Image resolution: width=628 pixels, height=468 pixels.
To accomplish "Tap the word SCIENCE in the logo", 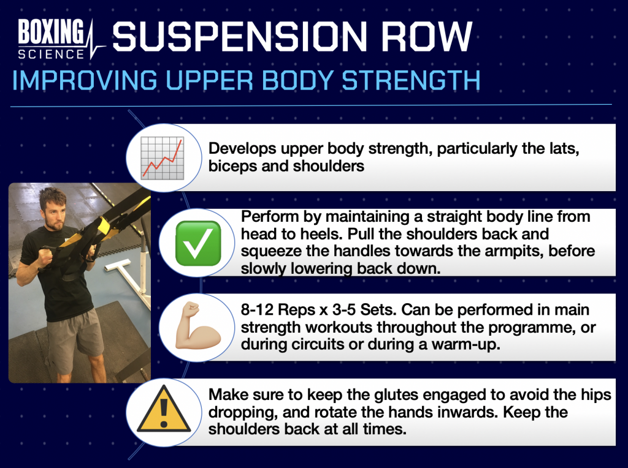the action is pyautogui.click(x=51, y=54).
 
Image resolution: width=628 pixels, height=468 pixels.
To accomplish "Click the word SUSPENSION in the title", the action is pyautogui.click(x=240, y=36).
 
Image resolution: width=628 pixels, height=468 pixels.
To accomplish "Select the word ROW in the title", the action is pyautogui.click(x=427, y=36).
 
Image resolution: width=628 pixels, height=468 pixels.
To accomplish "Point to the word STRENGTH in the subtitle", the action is pyautogui.click(x=411, y=80).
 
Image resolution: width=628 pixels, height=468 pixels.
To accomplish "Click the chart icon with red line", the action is pyautogui.click(x=163, y=157).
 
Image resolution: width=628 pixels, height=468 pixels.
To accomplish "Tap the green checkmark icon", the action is pyautogui.click(x=198, y=243).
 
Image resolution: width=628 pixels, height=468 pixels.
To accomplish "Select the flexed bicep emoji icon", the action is pyautogui.click(x=198, y=326).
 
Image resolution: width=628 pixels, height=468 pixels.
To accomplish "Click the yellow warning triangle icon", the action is pyautogui.click(x=163, y=409).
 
